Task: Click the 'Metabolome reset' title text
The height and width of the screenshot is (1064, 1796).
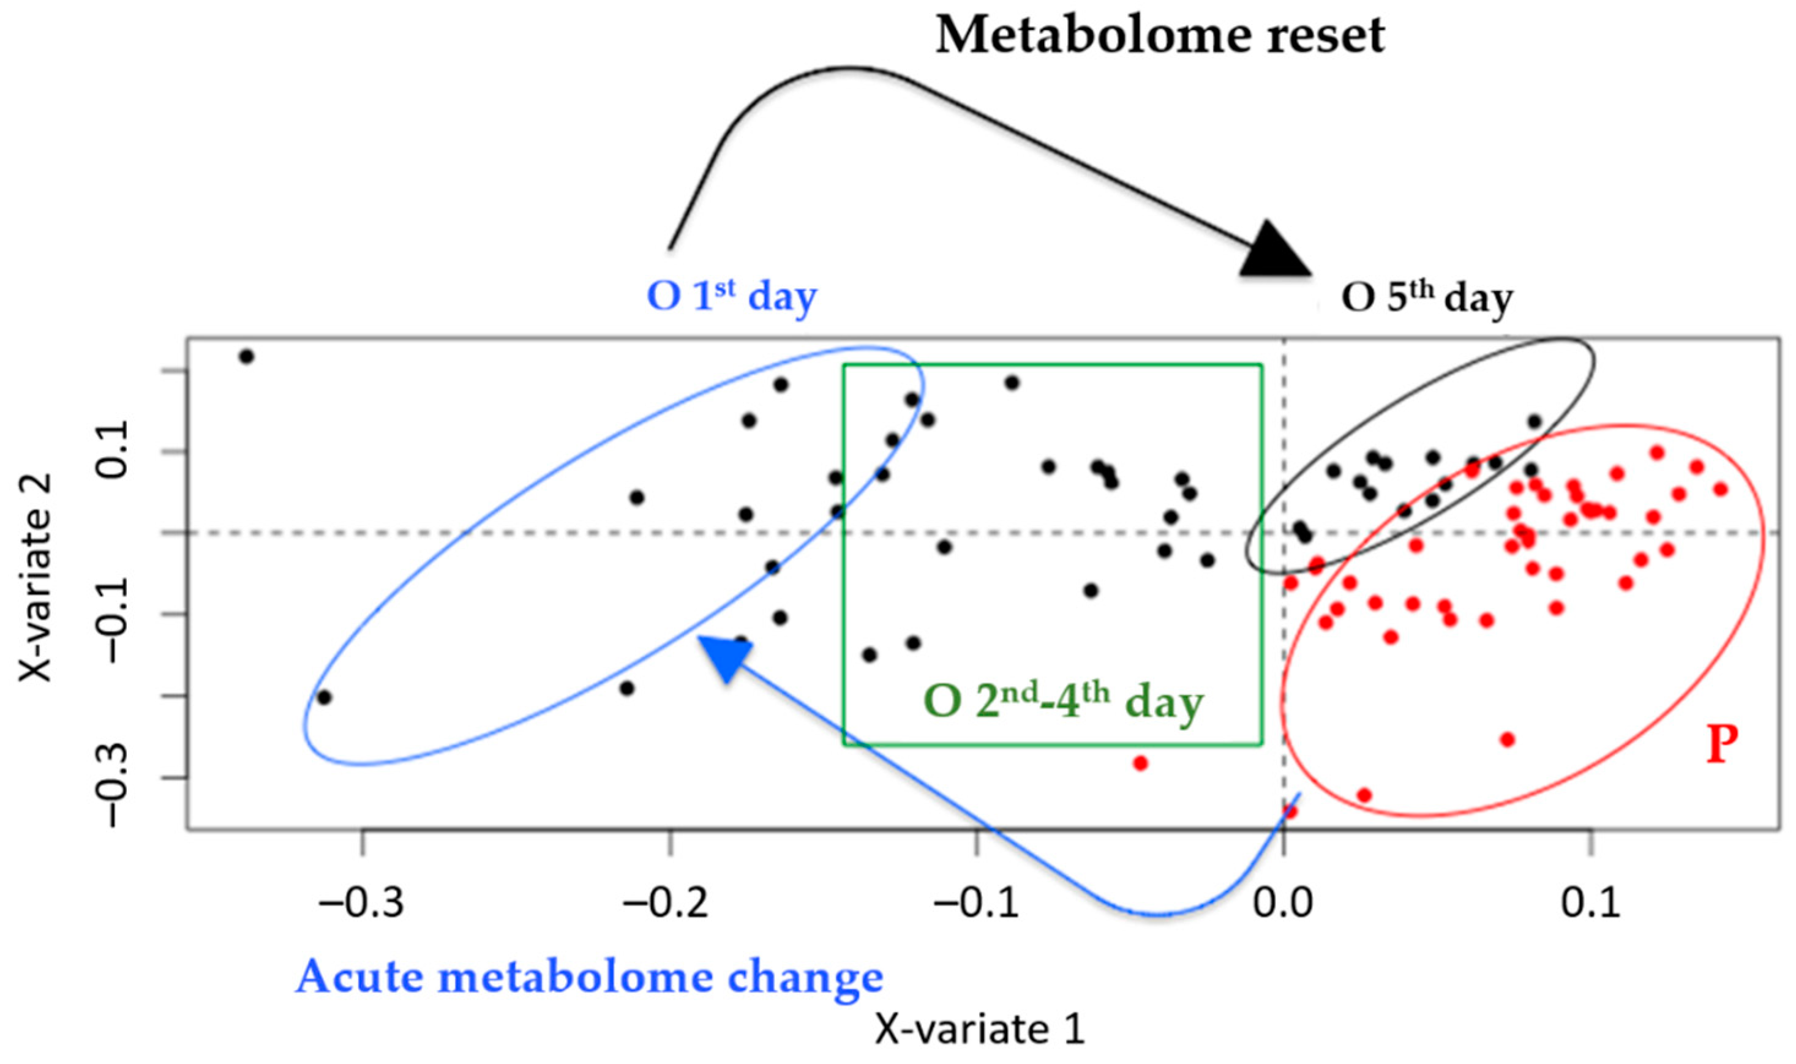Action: [1159, 36]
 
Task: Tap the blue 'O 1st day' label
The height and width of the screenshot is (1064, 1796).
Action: [731, 296]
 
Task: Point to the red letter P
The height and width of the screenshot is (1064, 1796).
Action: [1721, 744]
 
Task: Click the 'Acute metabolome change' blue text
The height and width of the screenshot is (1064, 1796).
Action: [589, 976]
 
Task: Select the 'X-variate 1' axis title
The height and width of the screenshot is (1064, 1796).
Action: [979, 1030]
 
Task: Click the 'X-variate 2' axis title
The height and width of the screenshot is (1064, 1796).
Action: [36, 578]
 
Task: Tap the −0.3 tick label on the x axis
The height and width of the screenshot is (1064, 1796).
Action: [362, 905]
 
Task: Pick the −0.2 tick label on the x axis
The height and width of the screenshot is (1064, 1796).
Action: [667, 905]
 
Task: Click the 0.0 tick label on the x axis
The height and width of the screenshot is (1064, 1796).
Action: [1283, 905]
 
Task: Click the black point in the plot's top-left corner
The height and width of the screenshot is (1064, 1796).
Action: [247, 356]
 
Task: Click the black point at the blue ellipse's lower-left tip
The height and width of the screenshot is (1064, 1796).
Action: [324, 697]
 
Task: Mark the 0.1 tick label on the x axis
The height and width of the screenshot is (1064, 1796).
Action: [1590, 905]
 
